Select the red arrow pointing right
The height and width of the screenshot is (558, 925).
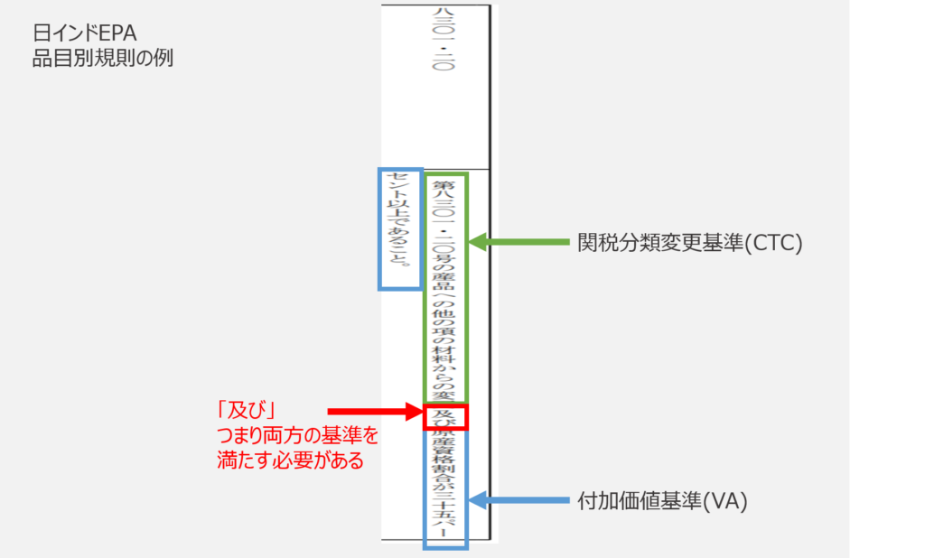point(374,414)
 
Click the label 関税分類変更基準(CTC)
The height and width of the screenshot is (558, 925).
point(689,243)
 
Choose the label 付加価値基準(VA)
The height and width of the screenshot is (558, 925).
point(662,502)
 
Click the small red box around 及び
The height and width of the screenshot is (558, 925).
point(446,416)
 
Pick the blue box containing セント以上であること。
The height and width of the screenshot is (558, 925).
point(399,228)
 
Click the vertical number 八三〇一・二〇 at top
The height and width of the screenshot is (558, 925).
point(443,41)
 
